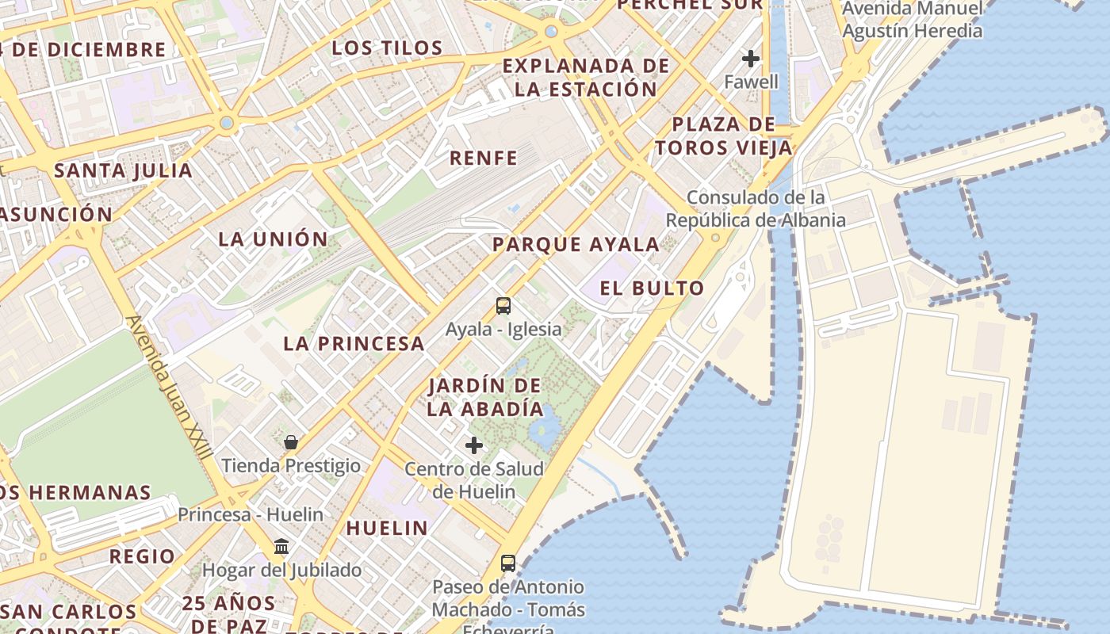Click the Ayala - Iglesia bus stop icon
click(x=503, y=306)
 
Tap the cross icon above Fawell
click(x=750, y=59)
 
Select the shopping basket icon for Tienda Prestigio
click(x=291, y=441)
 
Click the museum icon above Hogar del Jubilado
click(x=281, y=547)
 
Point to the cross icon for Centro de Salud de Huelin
click(x=474, y=445)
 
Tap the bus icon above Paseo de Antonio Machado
click(x=508, y=563)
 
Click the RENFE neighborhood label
click(x=483, y=158)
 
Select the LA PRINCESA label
click(x=354, y=344)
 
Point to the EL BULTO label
click(x=652, y=288)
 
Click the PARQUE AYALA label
click(x=576, y=245)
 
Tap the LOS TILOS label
click(x=387, y=48)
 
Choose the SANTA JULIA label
click(x=123, y=170)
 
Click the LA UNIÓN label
click(x=273, y=239)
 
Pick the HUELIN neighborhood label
click(x=387, y=528)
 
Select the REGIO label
click(x=142, y=556)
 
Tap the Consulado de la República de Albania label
click(x=756, y=208)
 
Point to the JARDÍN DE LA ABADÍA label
click(x=484, y=397)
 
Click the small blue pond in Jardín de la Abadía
click(x=545, y=427)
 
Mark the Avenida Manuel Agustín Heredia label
click(x=912, y=20)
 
